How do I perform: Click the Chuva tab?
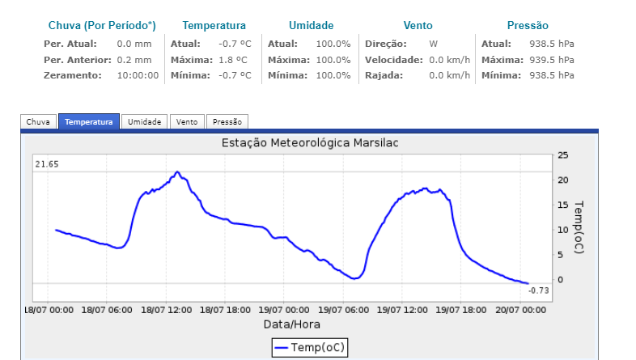(x=38, y=121)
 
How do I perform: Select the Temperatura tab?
(x=89, y=121)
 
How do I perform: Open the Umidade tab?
(x=145, y=121)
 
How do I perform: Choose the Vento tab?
(x=187, y=121)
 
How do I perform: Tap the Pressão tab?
(x=227, y=121)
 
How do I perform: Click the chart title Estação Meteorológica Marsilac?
(x=310, y=143)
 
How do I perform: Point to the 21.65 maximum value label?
(x=48, y=164)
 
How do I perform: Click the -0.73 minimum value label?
(x=539, y=290)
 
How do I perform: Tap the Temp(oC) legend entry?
(x=309, y=347)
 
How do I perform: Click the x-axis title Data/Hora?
(x=292, y=324)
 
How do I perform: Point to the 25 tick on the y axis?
(x=563, y=155)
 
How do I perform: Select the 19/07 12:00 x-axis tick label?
(x=403, y=309)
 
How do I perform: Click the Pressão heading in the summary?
(x=527, y=26)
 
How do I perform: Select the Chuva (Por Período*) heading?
(x=102, y=26)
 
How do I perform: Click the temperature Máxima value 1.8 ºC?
(x=235, y=60)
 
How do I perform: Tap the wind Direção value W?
(x=434, y=44)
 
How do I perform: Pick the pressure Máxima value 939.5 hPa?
(x=552, y=60)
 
